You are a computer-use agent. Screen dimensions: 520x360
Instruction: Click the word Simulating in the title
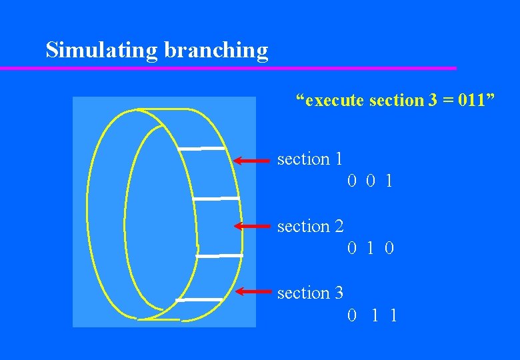(x=91, y=50)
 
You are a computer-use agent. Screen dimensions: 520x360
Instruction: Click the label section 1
(x=310, y=159)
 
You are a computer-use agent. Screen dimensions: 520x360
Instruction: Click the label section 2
(x=310, y=227)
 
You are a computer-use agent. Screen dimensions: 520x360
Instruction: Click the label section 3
(x=310, y=293)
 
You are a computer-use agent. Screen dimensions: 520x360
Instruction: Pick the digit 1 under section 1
(x=389, y=181)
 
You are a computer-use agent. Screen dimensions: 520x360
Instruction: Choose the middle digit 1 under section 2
(x=371, y=249)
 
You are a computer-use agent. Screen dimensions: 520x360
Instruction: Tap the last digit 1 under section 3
(x=393, y=315)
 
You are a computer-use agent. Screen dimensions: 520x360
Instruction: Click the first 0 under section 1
(x=351, y=181)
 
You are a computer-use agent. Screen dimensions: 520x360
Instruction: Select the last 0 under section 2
(x=389, y=249)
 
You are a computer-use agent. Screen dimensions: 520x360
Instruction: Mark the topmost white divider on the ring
(x=202, y=148)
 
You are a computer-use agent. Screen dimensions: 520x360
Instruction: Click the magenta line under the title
(x=227, y=68)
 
